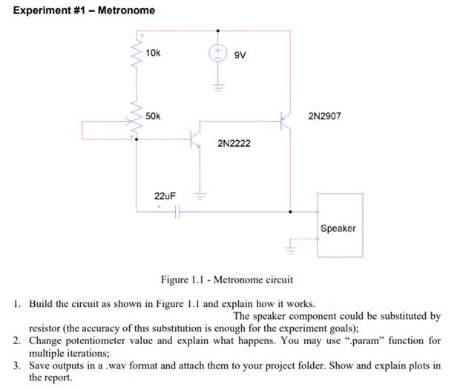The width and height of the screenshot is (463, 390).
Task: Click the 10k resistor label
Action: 153,53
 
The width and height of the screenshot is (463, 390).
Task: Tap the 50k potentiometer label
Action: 153,116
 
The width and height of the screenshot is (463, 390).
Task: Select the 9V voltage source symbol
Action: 217,53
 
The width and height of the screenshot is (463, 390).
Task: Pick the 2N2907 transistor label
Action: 324,116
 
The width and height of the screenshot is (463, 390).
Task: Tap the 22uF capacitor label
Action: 165,196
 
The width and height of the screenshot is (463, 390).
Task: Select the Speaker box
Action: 340,225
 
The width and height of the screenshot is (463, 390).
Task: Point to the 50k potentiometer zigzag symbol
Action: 137,119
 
